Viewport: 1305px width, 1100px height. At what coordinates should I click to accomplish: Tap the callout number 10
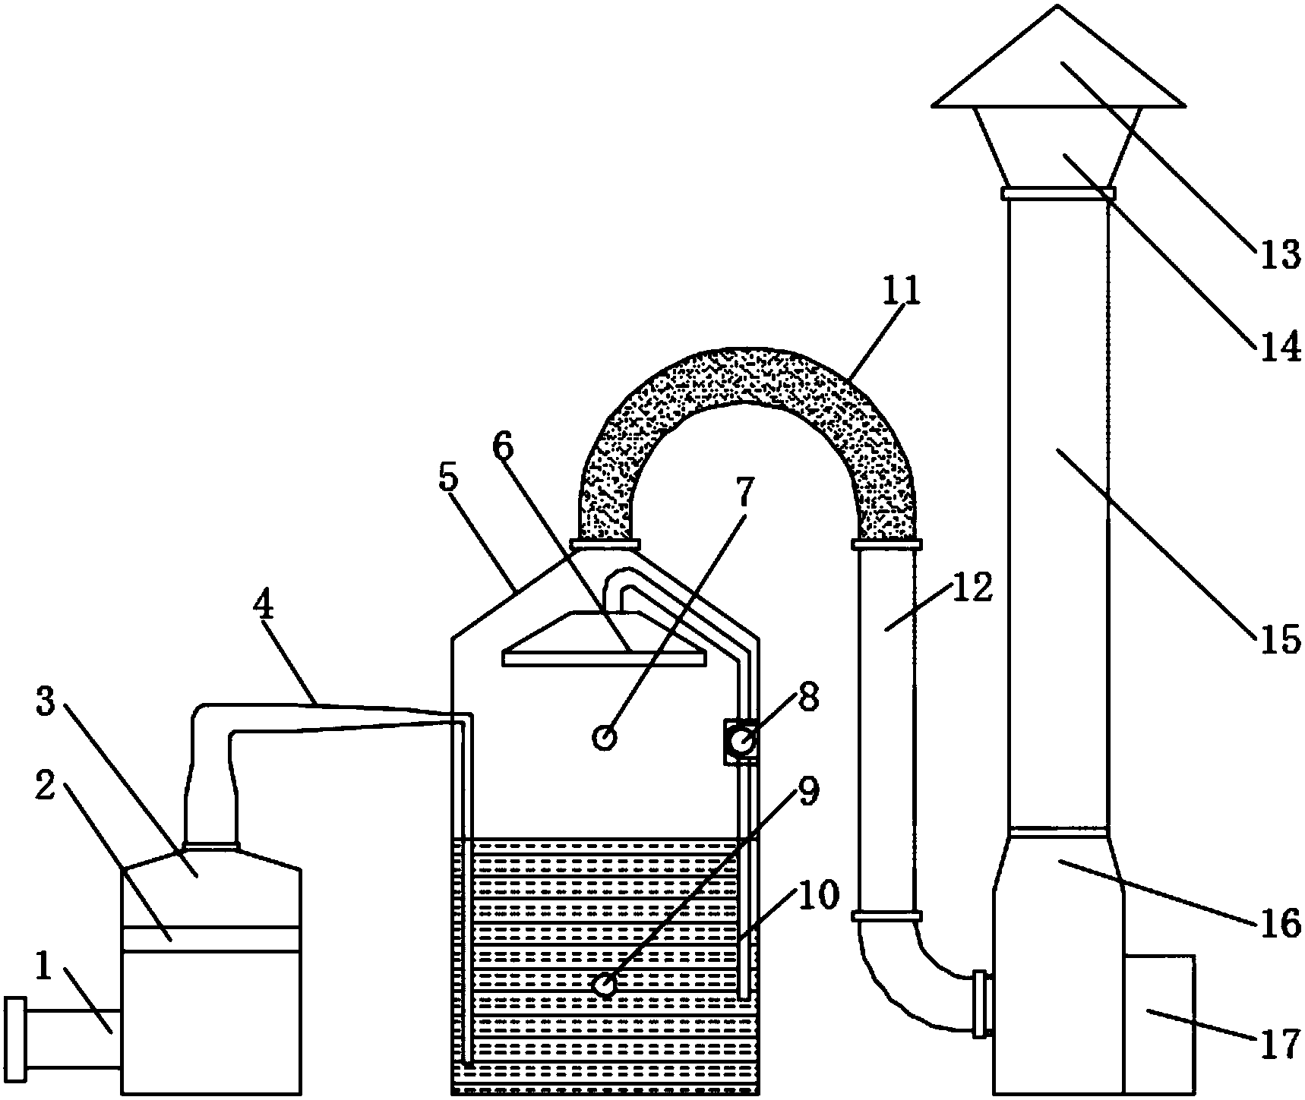coord(816,896)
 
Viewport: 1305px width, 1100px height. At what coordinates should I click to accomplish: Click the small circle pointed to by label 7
coord(605,736)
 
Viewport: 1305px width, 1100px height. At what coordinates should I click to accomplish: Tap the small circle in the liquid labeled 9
coord(605,985)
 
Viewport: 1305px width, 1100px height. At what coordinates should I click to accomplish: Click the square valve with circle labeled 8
coord(741,741)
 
